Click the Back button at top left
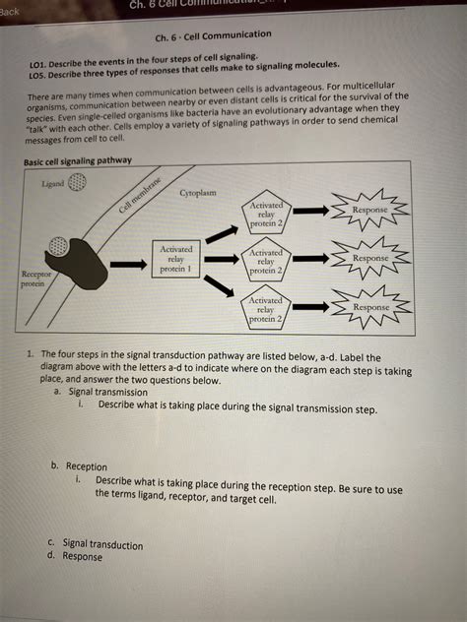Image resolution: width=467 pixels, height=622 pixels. click(x=11, y=11)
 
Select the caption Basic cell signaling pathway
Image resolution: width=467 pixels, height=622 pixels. click(x=78, y=160)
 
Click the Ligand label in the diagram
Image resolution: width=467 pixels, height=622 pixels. click(x=53, y=184)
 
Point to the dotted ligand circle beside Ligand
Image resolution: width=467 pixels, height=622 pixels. click(x=77, y=184)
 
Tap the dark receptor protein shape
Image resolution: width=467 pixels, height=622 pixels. click(x=76, y=261)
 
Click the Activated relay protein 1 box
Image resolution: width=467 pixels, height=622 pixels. click(x=176, y=260)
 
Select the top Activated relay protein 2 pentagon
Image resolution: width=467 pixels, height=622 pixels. click(x=266, y=215)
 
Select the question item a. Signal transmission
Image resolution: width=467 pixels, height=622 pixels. click(x=101, y=391)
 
